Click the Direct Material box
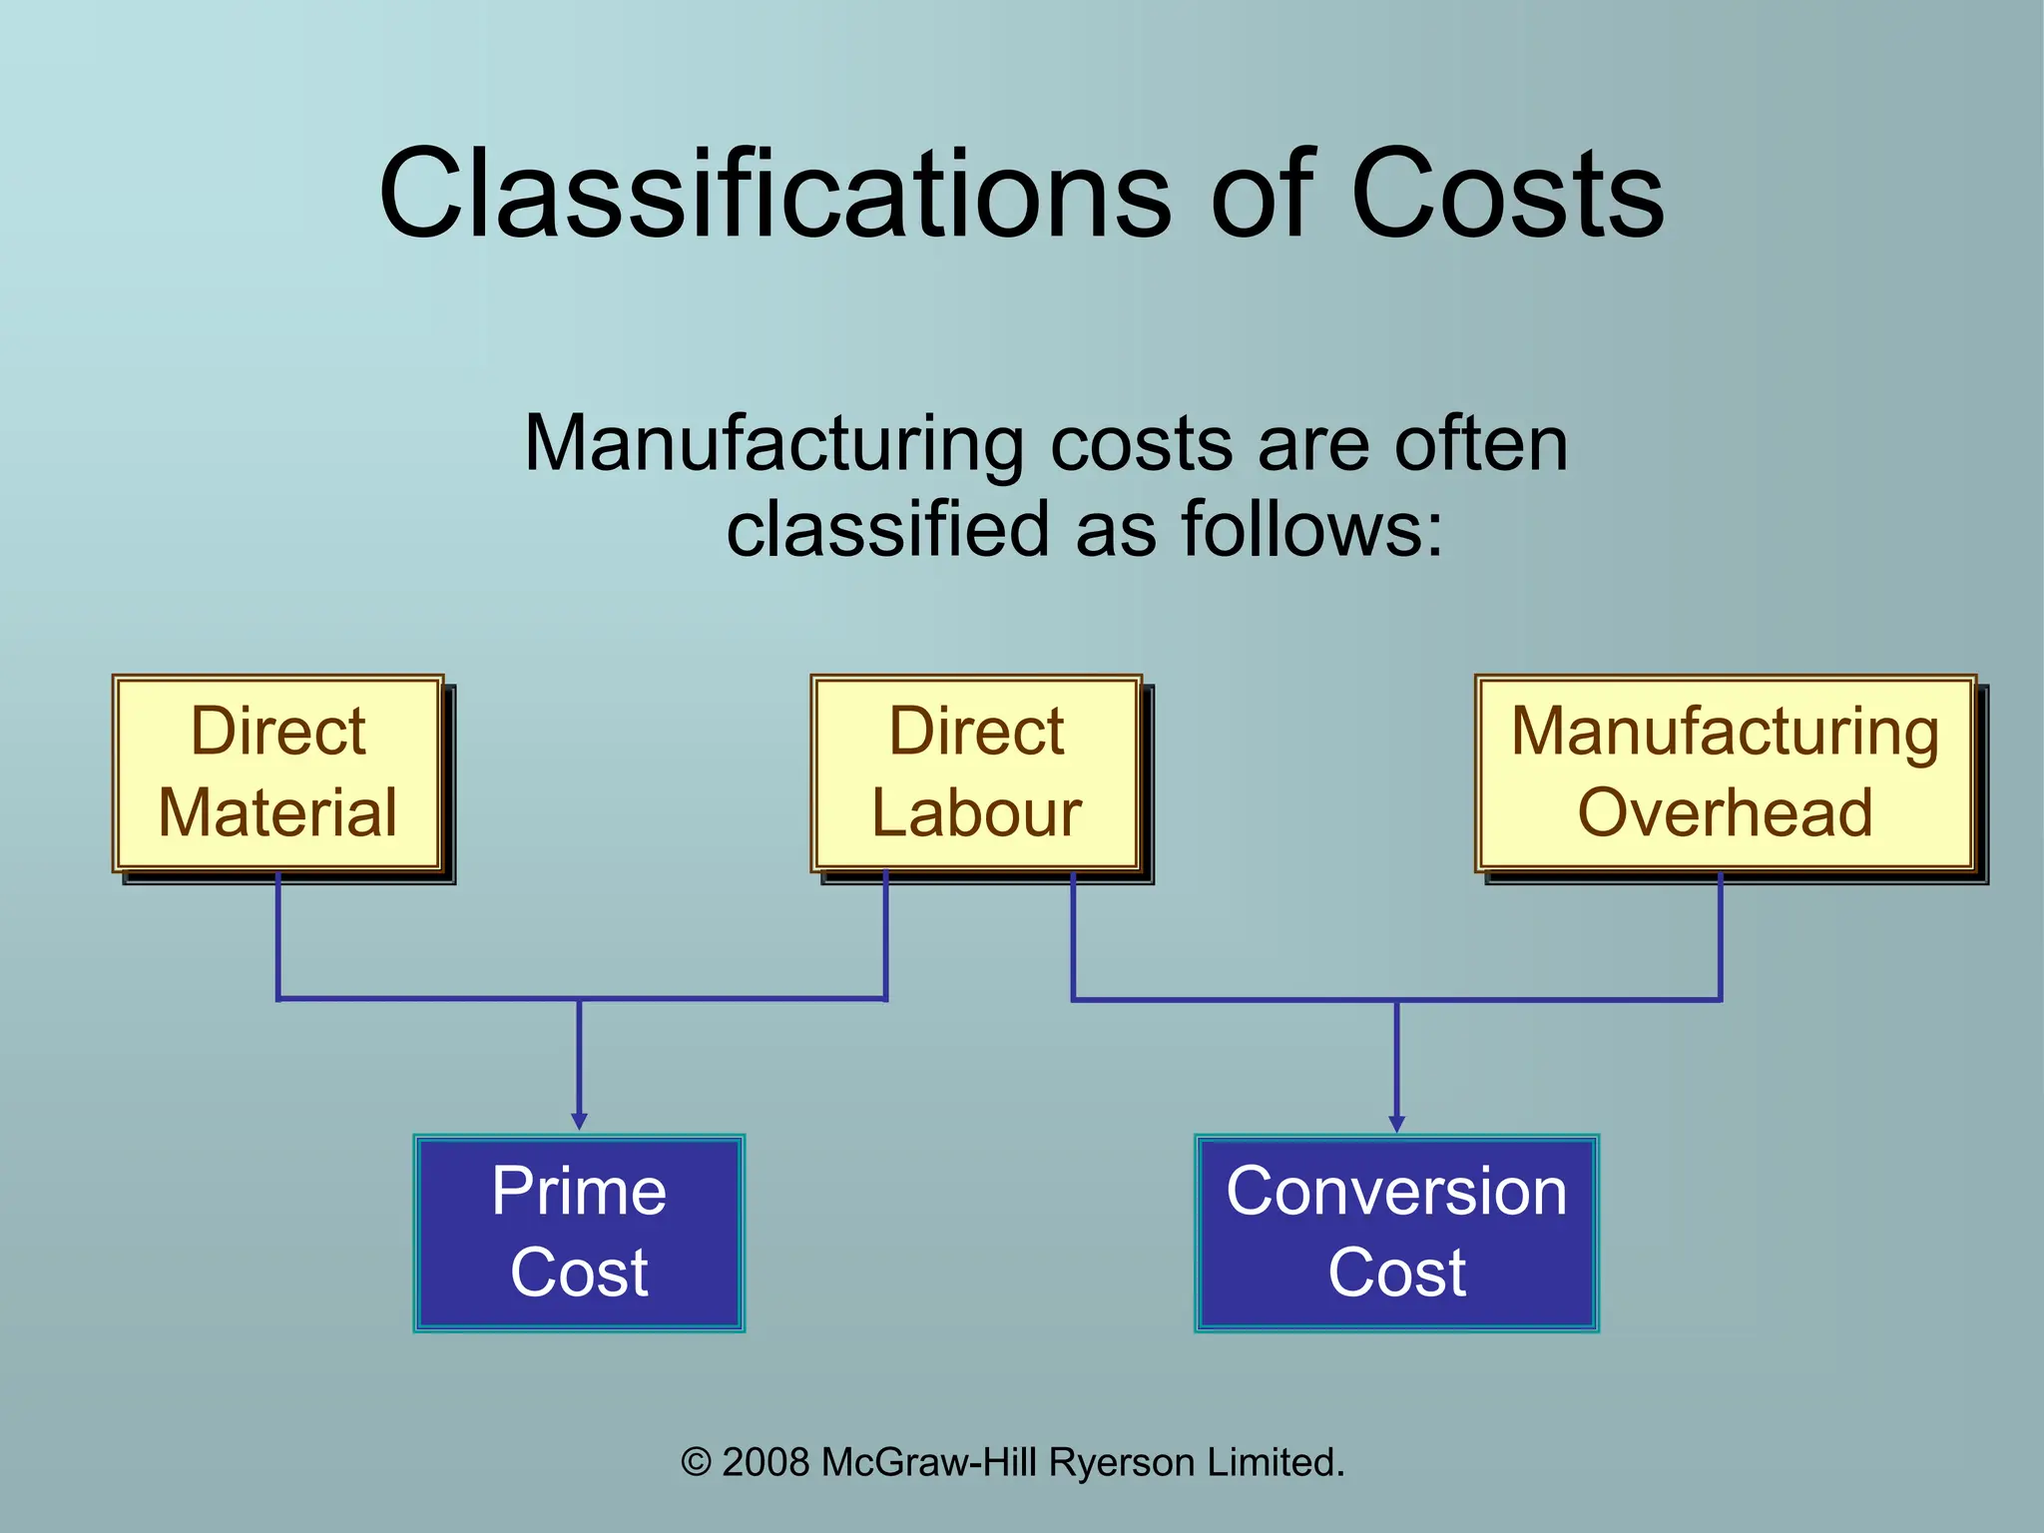point(278,772)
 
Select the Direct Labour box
point(976,772)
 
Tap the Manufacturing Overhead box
point(1726,772)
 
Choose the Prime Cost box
point(579,1233)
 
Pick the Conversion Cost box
point(1396,1233)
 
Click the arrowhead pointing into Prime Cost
point(579,1121)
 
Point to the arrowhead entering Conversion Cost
point(1396,1123)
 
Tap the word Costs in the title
point(1507,194)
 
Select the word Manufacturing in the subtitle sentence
point(773,445)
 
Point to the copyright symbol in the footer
point(696,1463)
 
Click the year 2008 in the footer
point(766,1463)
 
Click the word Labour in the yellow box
point(976,812)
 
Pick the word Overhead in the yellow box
point(1726,812)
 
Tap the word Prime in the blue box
point(579,1192)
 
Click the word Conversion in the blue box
point(1396,1192)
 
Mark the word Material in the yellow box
point(278,812)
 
